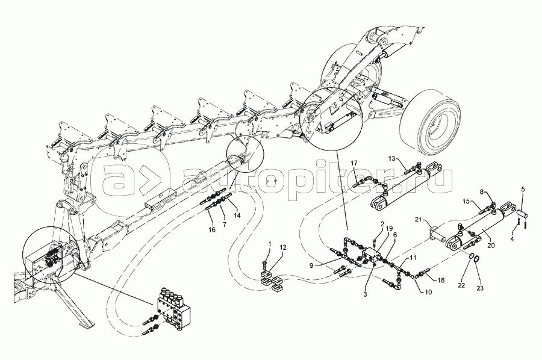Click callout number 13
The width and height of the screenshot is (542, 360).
(391, 158)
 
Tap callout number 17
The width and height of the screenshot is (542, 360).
(355, 163)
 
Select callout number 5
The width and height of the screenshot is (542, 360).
(522, 190)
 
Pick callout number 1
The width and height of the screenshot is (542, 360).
(270, 244)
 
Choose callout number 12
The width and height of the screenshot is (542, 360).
(283, 247)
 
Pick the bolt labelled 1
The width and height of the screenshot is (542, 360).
(266, 262)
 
